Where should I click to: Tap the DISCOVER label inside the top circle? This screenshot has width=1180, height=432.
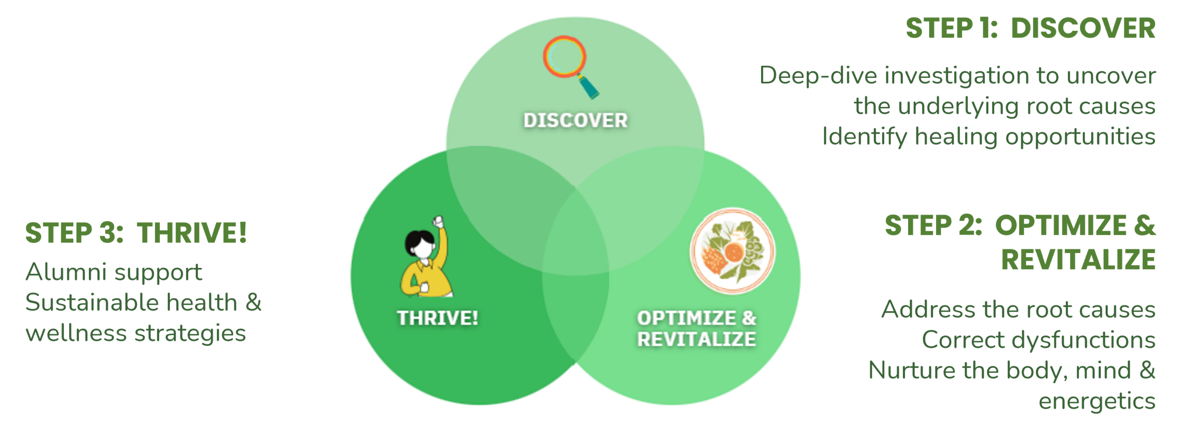[575, 121]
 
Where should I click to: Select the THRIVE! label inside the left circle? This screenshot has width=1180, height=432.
[437, 318]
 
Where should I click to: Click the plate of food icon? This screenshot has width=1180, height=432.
[732, 251]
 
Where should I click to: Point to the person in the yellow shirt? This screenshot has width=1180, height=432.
[425, 263]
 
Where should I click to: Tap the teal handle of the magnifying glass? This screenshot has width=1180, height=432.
[590, 88]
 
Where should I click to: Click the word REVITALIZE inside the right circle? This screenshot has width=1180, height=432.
[696, 339]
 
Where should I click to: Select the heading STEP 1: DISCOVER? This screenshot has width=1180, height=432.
[1030, 28]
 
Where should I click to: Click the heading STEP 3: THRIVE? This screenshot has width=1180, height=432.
[136, 232]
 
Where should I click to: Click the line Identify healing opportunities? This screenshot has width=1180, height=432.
[989, 136]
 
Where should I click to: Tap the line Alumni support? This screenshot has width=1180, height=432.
[114, 272]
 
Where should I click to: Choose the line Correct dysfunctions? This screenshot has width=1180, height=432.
[1038, 340]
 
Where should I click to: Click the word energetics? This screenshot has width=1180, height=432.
[1097, 401]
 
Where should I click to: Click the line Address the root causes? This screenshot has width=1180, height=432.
[1018, 309]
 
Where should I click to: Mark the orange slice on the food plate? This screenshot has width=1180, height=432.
[733, 252]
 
